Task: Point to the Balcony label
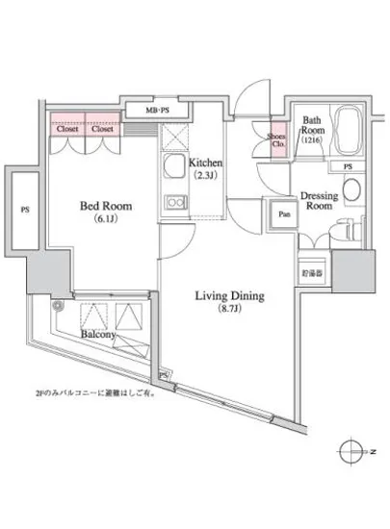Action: pyautogui.click(x=98, y=335)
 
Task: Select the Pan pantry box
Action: pyautogui.click(x=283, y=215)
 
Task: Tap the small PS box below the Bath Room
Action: pyautogui.click(x=346, y=166)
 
